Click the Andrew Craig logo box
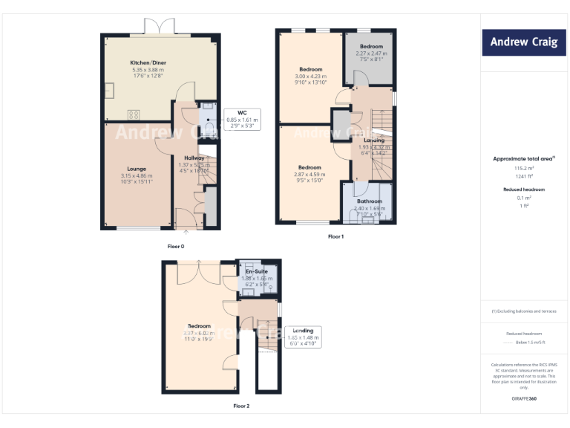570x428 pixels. pos(523,42)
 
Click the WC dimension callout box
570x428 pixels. pos(242,117)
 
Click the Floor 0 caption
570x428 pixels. pos(175,245)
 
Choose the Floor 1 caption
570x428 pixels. pos(335,237)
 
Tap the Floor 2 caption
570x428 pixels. pos(241,406)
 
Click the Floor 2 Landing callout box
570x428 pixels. pos(302,337)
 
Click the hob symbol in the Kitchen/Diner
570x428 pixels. pos(135,114)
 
